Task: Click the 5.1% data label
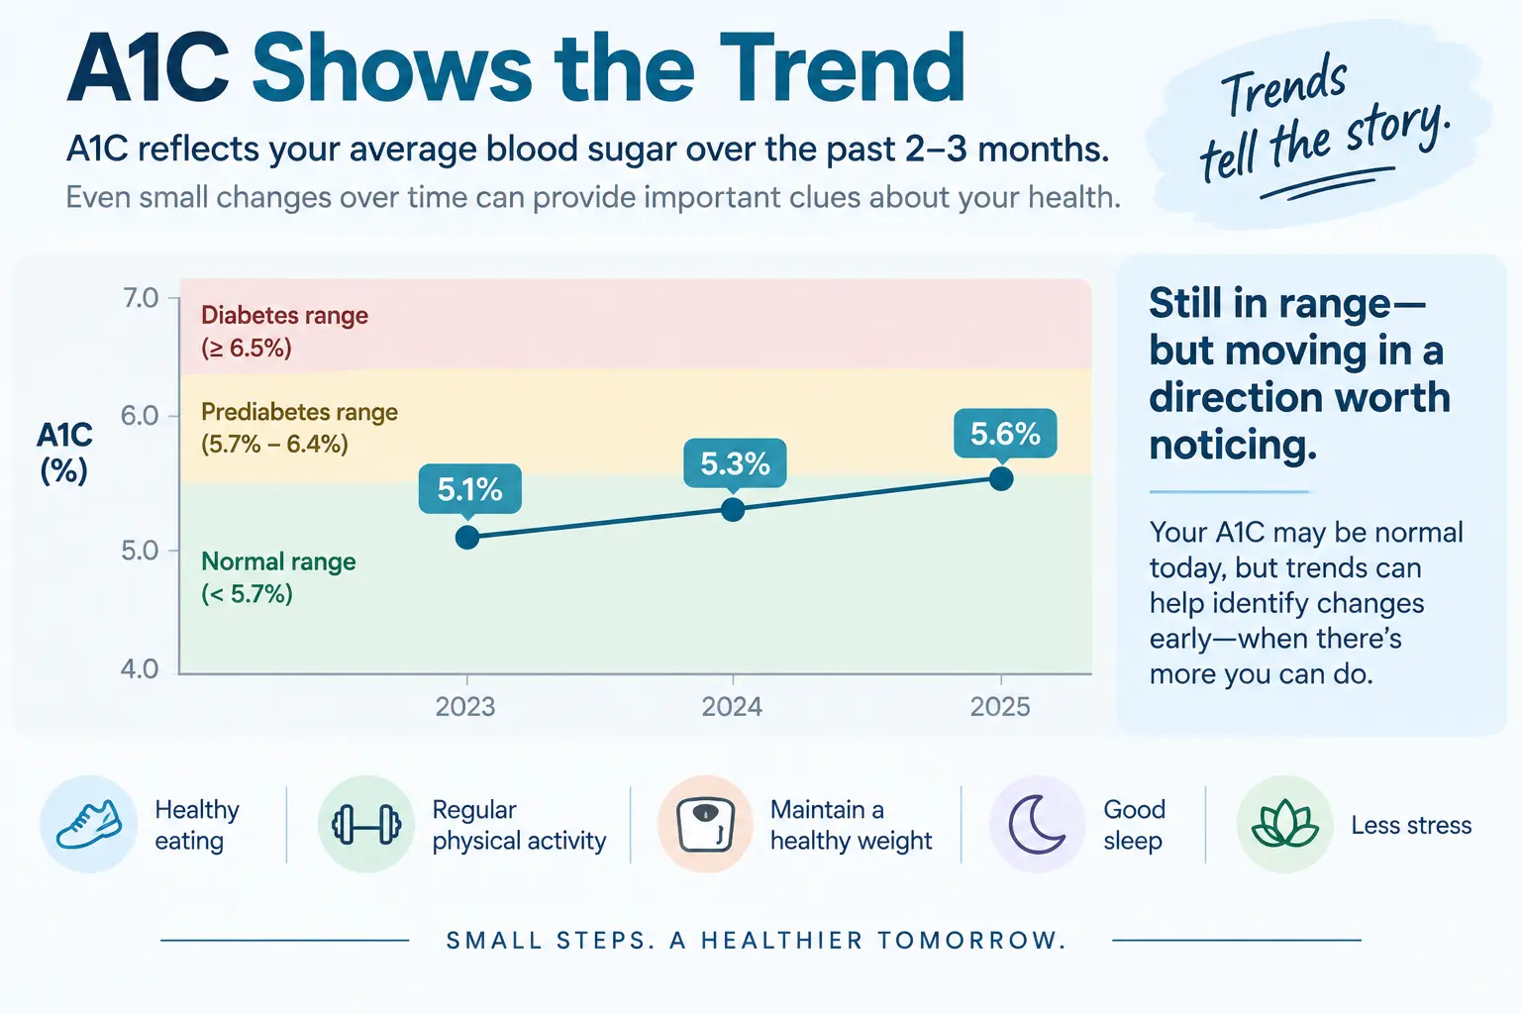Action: (470, 489)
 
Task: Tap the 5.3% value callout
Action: (735, 463)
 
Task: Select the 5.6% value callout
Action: (1005, 434)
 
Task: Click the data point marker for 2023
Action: (467, 538)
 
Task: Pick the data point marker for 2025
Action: (1001, 479)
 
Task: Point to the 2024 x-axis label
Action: (732, 707)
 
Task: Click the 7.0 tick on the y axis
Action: (141, 297)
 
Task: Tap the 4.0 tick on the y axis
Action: (140, 669)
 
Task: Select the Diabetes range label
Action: (284, 332)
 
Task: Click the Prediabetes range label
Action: (299, 428)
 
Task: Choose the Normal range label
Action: (278, 577)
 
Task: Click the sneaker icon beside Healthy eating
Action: (89, 824)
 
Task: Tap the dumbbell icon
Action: (366, 825)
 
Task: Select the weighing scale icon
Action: (705, 825)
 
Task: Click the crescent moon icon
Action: (1036, 825)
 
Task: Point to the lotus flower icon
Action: (1284, 825)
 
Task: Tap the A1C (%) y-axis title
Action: (64, 453)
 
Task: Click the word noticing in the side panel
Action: (1233, 445)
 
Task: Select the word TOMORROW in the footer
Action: (971, 941)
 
